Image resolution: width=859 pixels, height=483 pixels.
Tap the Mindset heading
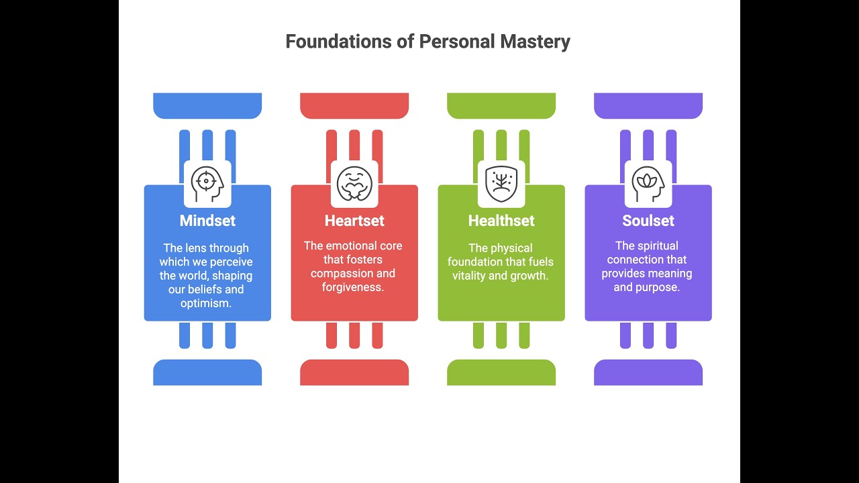tap(207, 221)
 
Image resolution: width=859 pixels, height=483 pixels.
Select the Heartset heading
tap(354, 221)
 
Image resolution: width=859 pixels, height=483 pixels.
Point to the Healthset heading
tap(501, 221)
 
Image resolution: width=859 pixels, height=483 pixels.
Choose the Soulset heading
tap(648, 221)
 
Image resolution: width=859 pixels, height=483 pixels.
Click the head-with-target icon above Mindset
tap(207, 184)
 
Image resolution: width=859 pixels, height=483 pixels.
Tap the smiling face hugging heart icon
tap(354, 184)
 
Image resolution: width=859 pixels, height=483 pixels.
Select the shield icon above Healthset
tap(501, 184)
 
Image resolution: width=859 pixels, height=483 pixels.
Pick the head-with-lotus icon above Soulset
tap(648, 184)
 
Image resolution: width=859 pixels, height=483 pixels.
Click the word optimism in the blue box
tap(206, 303)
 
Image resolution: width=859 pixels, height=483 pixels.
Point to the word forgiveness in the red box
tap(353, 287)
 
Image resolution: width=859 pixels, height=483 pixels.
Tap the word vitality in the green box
tap(468, 276)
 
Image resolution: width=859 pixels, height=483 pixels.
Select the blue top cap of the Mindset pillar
tap(207, 105)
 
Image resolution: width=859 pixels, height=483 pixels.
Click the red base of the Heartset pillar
tap(354, 372)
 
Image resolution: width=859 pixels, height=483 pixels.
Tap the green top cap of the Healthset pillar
tap(501, 105)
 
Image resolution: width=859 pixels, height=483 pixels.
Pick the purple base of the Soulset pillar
tap(648, 372)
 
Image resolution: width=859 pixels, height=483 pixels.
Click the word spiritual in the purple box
tap(657, 246)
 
